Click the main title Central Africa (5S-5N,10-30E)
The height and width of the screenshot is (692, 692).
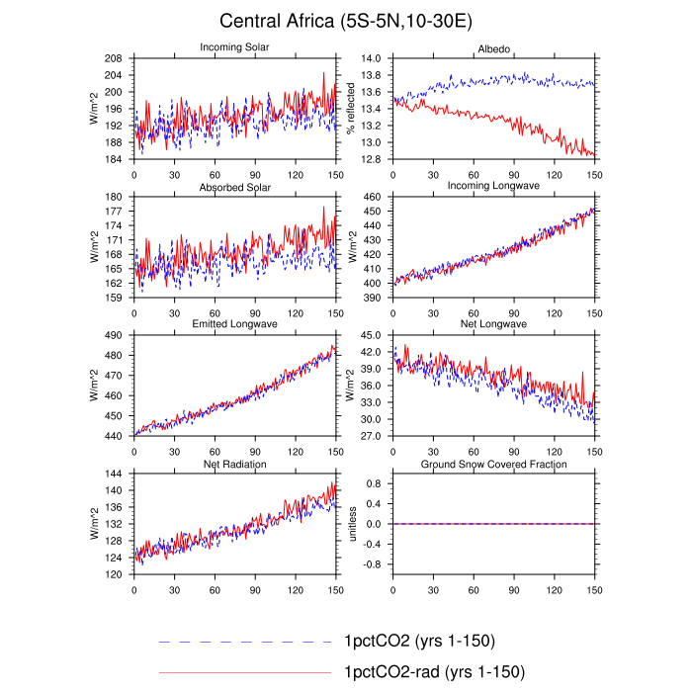tap(346, 21)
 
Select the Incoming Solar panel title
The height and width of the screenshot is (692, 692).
tap(234, 46)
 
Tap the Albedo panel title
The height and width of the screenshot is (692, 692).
tap(494, 49)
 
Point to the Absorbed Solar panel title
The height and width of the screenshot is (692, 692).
tap(235, 187)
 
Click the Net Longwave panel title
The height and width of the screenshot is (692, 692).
tap(493, 323)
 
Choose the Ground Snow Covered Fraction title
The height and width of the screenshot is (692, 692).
tap(493, 464)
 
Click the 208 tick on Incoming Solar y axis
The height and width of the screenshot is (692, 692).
tap(113, 58)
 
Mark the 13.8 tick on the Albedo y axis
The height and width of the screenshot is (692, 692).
tap(371, 75)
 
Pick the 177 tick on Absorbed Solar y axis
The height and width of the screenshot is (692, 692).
tap(113, 212)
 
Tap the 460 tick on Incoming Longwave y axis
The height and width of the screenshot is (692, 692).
tap(372, 197)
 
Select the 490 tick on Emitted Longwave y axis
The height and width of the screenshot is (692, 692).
tap(113, 335)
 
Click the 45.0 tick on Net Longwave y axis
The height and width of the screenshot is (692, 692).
tap(371, 335)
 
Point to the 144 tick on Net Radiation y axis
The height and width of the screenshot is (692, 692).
tap(113, 474)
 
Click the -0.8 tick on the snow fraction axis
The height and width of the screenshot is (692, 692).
tap(372, 564)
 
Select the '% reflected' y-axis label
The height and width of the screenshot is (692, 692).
tap(351, 109)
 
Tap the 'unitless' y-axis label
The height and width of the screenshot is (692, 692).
tap(352, 524)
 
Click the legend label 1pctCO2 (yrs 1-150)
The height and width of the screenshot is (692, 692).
tap(419, 641)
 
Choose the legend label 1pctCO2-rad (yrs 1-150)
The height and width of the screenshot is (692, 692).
tap(434, 672)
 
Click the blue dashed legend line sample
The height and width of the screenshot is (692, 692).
tap(245, 642)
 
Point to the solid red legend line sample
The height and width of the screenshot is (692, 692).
tap(245, 672)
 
